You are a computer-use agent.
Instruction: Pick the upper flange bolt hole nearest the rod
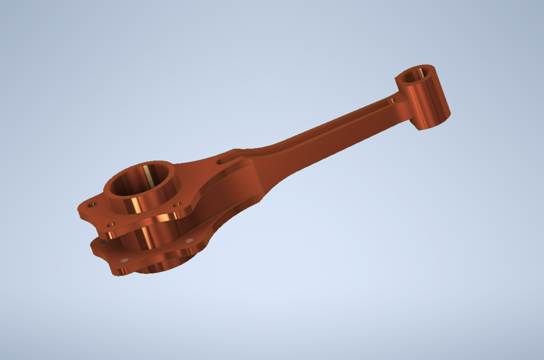pos(176,204)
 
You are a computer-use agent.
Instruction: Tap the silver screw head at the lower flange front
pos(125,260)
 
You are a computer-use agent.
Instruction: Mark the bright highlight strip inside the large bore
pos(148,175)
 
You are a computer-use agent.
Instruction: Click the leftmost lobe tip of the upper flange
pos(81,210)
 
